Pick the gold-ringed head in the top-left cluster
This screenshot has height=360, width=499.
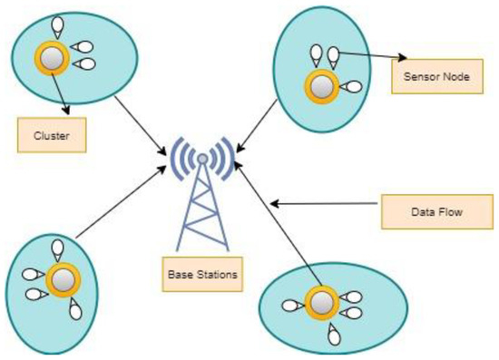click(x=54, y=57)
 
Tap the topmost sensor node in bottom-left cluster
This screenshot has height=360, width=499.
click(x=58, y=247)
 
